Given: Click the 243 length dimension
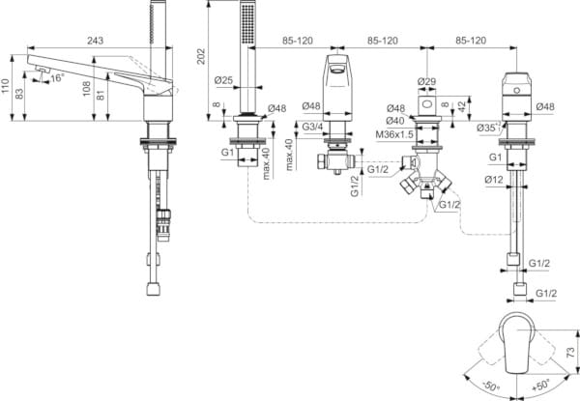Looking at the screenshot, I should pos(94,41).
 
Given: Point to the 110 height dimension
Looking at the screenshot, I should pos(7,90).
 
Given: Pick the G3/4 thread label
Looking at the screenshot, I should pos(311,128).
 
